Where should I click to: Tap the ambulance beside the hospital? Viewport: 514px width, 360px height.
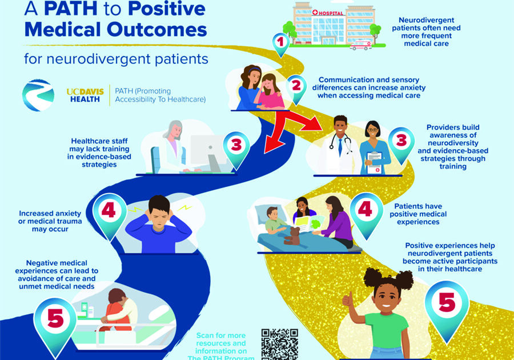point(360,44)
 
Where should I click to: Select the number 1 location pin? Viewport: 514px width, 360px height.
point(280,42)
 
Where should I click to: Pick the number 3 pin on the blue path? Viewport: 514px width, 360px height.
point(236,146)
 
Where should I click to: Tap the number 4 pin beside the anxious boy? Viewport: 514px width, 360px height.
point(109,213)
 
